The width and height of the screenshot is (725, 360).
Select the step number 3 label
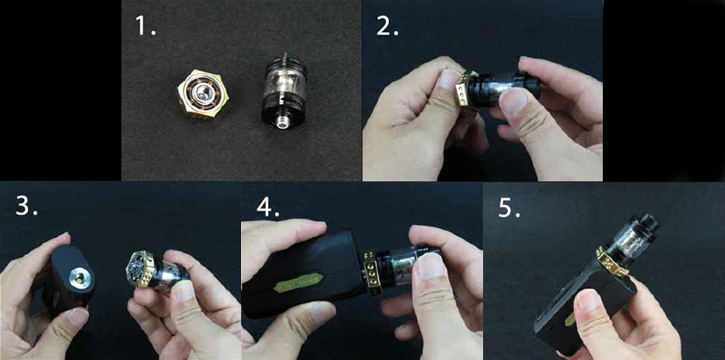[26, 206]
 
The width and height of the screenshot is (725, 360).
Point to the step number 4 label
[266, 206]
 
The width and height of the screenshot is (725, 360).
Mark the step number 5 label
[509, 207]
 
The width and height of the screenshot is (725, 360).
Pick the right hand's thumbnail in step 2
[513, 102]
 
